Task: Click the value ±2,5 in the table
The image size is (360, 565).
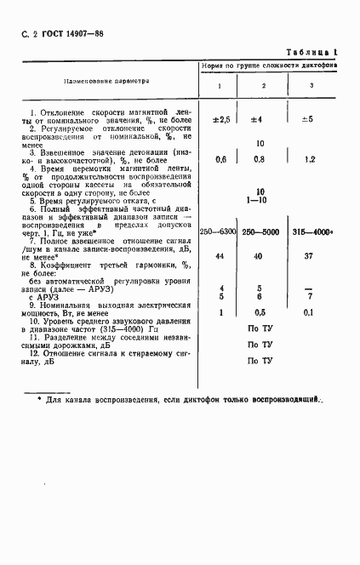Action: click(220, 120)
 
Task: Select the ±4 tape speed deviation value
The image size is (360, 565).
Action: click(263, 120)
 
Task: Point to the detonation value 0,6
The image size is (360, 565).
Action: click(220, 160)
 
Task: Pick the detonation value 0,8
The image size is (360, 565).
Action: click(262, 160)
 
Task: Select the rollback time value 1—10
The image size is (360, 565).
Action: click(261, 199)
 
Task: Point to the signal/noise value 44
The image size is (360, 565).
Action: click(220, 256)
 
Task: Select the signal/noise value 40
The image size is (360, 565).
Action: click(262, 256)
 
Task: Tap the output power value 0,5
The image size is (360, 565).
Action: click(262, 311)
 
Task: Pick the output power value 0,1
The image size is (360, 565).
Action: click(310, 311)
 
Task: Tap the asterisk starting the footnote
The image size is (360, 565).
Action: click(38, 398)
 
